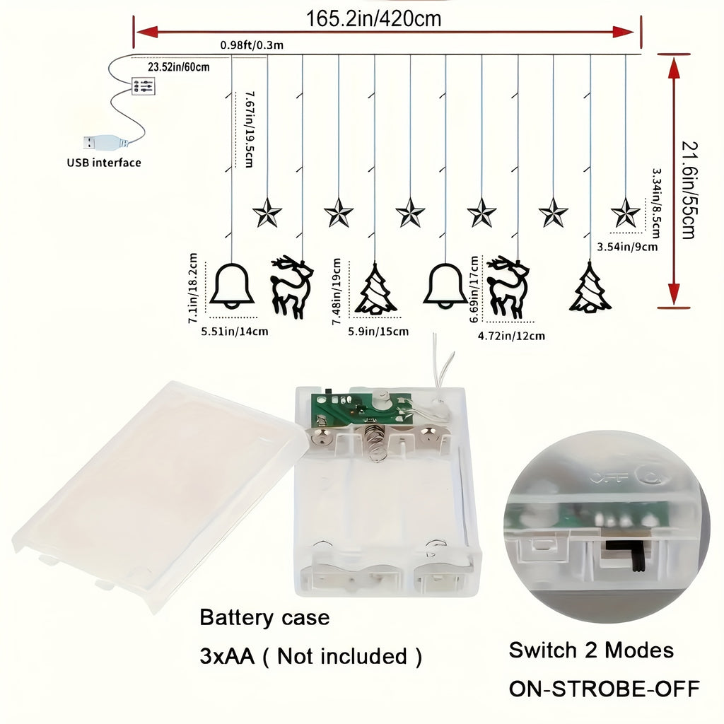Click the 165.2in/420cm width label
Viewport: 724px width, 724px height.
(x=373, y=19)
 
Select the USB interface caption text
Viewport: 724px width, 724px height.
(x=104, y=163)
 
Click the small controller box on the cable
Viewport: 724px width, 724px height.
(x=143, y=86)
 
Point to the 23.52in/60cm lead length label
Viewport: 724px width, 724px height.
(x=179, y=67)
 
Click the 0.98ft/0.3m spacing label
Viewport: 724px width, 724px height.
(x=252, y=45)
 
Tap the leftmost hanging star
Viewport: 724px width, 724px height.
(x=267, y=212)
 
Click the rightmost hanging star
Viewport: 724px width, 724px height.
(x=626, y=212)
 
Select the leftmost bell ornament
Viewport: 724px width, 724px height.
(x=232, y=286)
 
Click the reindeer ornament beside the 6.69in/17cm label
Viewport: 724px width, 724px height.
(x=508, y=286)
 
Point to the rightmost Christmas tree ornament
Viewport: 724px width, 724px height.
(x=590, y=287)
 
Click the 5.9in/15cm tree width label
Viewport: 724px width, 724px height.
(x=378, y=332)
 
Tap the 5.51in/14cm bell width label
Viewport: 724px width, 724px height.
(x=235, y=332)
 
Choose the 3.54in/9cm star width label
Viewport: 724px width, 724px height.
(x=627, y=247)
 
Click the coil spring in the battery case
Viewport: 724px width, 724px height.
(x=376, y=443)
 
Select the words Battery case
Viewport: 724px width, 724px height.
(x=264, y=617)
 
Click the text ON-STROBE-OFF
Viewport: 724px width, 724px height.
(x=605, y=689)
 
